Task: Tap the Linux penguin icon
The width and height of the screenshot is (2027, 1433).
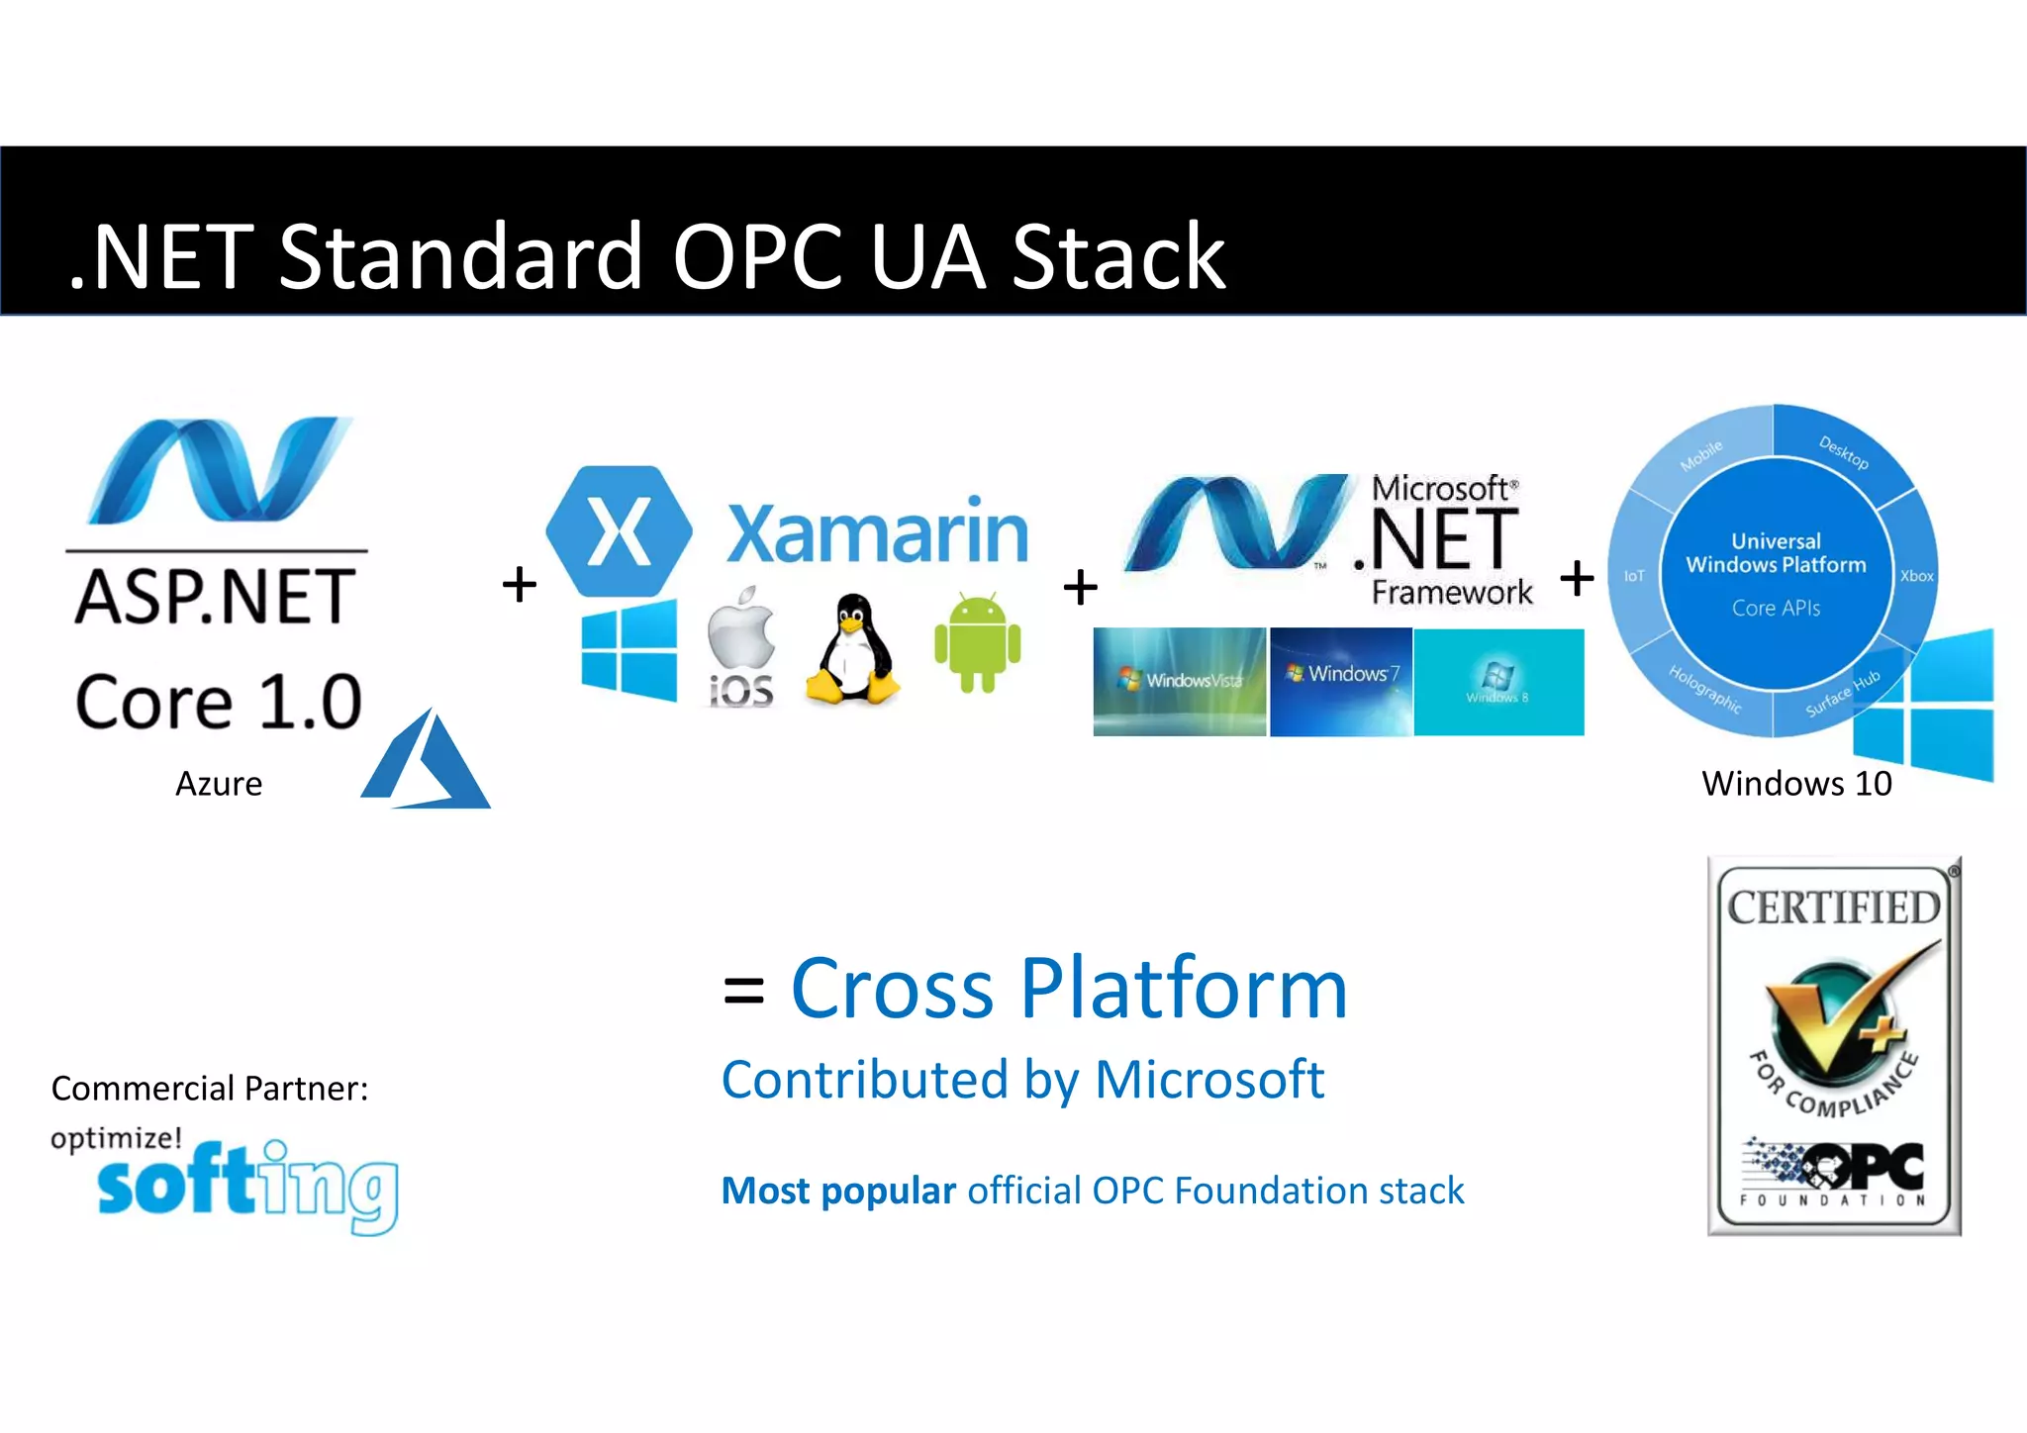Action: point(852,650)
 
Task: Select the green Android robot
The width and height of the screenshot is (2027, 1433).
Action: point(977,642)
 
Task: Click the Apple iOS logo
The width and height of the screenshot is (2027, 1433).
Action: point(741,645)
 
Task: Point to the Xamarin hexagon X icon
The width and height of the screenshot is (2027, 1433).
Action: point(620,531)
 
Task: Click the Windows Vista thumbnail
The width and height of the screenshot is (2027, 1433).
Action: point(1179,681)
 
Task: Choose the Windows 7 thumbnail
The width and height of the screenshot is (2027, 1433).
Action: point(1341,681)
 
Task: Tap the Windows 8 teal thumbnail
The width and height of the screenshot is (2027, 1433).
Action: point(1498,681)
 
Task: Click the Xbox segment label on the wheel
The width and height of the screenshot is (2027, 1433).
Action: point(1916,576)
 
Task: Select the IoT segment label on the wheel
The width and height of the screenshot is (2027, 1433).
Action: point(1634,576)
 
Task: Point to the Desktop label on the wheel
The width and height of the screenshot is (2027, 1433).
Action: point(1844,452)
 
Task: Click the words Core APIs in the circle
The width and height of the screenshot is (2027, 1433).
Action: point(1776,608)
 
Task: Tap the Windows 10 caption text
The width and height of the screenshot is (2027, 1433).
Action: point(1796,784)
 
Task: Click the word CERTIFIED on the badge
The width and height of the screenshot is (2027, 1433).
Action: point(1834,908)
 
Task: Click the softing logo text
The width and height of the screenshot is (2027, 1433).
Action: point(247,1185)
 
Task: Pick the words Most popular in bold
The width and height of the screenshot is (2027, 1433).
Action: point(838,1191)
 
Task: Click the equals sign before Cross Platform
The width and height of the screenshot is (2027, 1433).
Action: point(743,990)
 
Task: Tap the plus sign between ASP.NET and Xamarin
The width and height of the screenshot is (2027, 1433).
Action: point(520,584)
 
